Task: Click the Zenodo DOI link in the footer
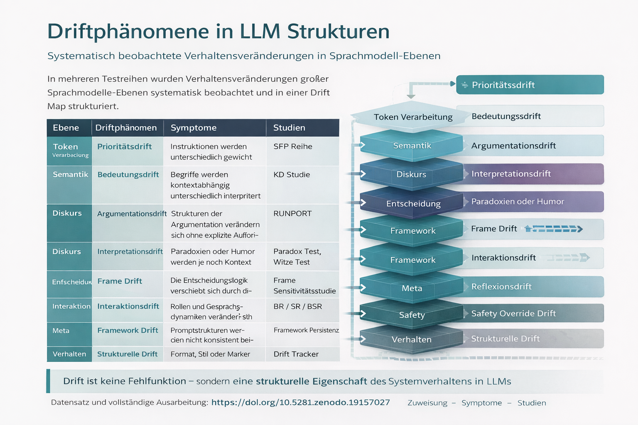click(300, 402)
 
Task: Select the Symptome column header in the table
click(194, 128)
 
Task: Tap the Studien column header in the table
click(289, 128)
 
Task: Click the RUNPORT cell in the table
click(292, 214)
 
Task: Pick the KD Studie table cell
click(292, 175)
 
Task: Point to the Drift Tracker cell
click(296, 354)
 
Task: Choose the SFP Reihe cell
click(293, 147)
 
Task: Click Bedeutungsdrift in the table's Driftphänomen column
click(128, 175)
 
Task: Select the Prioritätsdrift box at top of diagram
click(530, 85)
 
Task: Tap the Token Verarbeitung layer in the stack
click(413, 117)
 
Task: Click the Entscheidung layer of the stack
click(413, 204)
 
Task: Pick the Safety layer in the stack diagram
click(412, 315)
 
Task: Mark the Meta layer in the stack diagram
click(412, 288)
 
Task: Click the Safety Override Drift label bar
click(532, 313)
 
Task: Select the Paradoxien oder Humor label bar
click(532, 202)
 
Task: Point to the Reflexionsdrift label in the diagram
click(501, 286)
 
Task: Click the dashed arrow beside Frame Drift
click(554, 229)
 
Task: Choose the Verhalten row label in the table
click(69, 354)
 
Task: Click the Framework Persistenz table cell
click(306, 330)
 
